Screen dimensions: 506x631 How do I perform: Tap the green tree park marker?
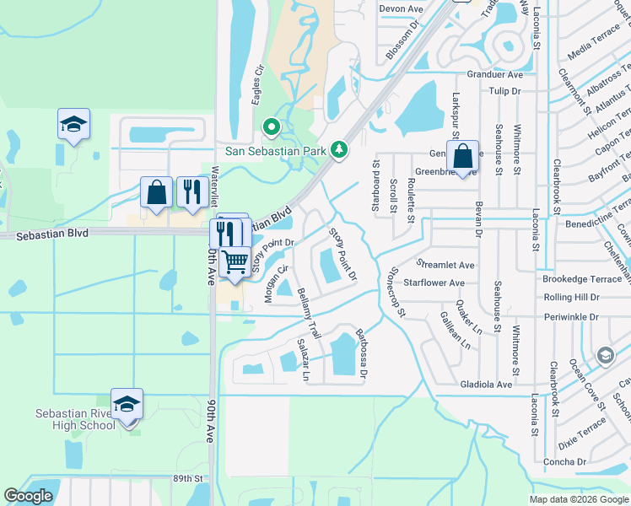pyautogui.click(x=339, y=149)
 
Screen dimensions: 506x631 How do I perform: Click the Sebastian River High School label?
pyautogui.click(x=75, y=419)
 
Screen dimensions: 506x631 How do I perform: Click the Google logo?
pyautogui.click(x=28, y=495)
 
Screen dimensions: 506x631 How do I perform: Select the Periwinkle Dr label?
pyautogui.click(x=571, y=317)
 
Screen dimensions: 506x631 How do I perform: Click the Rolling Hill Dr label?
pyautogui.click(x=571, y=298)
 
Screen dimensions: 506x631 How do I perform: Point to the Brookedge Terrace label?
pyautogui.click(x=582, y=278)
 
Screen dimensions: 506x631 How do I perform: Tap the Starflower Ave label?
pyautogui.click(x=434, y=283)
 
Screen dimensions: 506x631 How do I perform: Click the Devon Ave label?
pyautogui.click(x=401, y=8)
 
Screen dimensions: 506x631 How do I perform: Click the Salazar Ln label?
pyautogui.click(x=304, y=359)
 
